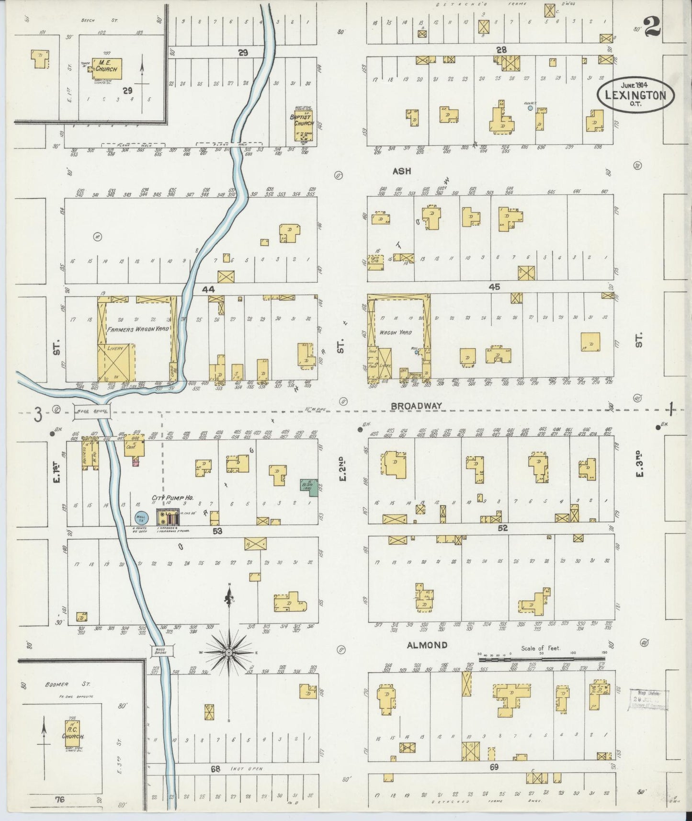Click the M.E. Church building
(106, 68)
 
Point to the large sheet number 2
(651, 26)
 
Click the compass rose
(229, 653)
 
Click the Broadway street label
(416, 406)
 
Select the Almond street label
(427, 645)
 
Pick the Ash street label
(402, 171)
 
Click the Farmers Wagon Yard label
(136, 330)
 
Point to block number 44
(208, 289)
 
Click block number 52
(502, 528)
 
